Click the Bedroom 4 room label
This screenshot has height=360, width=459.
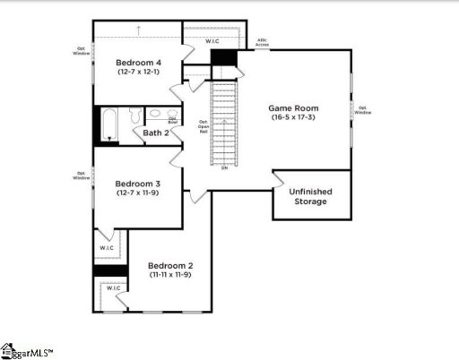tap(138, 63)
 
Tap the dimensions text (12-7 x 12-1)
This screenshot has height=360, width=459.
tap(138, 73)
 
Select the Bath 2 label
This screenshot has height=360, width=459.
tap(157, 133)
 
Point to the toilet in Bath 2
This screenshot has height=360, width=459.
tap(135, 116)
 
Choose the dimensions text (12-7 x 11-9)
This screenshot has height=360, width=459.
tap(137, 193)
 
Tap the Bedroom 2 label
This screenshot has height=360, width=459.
tap(170, 265)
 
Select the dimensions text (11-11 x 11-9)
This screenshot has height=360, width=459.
tap(170, 275)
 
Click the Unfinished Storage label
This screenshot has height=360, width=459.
tap(307, 196)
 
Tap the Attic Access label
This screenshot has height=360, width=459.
tap(262, 41)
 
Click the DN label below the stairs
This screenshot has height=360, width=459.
tap(223, 168)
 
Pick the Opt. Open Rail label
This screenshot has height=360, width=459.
tap(204, 125)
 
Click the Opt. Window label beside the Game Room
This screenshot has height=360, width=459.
tap(362, 110)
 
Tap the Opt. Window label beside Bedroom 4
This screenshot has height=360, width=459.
tap(81, 51)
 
